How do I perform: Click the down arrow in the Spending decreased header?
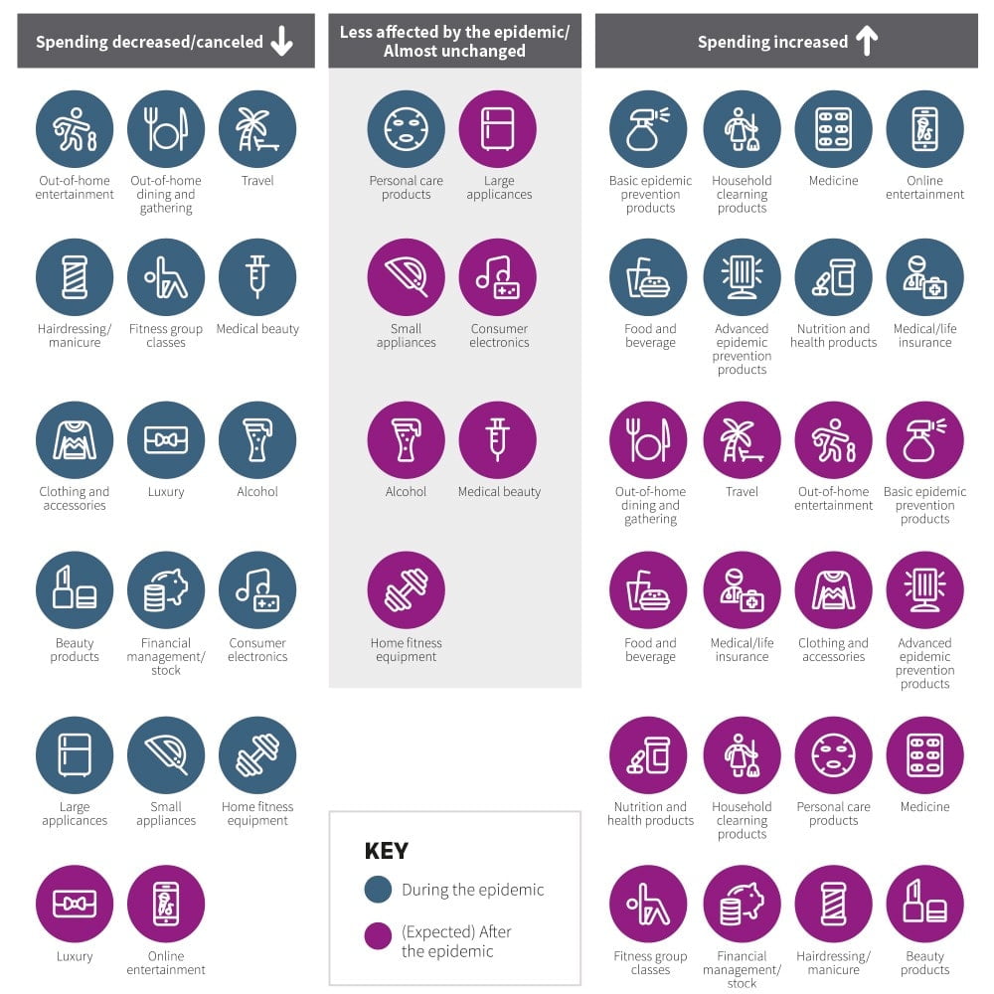click(x=282, y=41)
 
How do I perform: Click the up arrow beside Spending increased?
click(x=867, y=41)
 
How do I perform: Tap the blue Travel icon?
click(x=257, y=130)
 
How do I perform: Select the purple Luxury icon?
click(x=75, y=905)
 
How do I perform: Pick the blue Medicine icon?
click(x=833, y=130)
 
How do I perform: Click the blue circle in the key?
click(x=378, y=890)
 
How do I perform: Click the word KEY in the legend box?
click(x=387, y=852)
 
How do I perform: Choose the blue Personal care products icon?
click(x=406, y=130)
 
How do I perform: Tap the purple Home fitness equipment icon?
click(x=406, y=591)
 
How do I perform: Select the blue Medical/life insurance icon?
click(x=924, y=278)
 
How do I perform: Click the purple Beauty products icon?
click(x=924, y=905)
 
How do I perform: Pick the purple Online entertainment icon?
click(x=166, y=905)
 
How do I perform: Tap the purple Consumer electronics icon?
click(x=498, y=278)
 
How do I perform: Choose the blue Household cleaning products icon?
click(x=742, y=130)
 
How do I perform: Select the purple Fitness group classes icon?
click(x=650, y=905)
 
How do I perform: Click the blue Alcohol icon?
click(x=257, y=440)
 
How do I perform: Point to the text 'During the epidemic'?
click(x=472, y=890)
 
